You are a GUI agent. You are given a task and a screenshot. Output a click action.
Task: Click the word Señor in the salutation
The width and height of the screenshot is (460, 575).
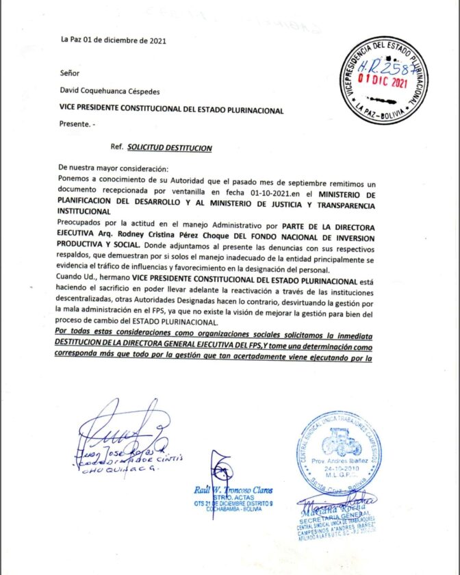pos(69,72)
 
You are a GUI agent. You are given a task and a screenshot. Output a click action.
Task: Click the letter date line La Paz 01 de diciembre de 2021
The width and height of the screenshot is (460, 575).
pos(113,40)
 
